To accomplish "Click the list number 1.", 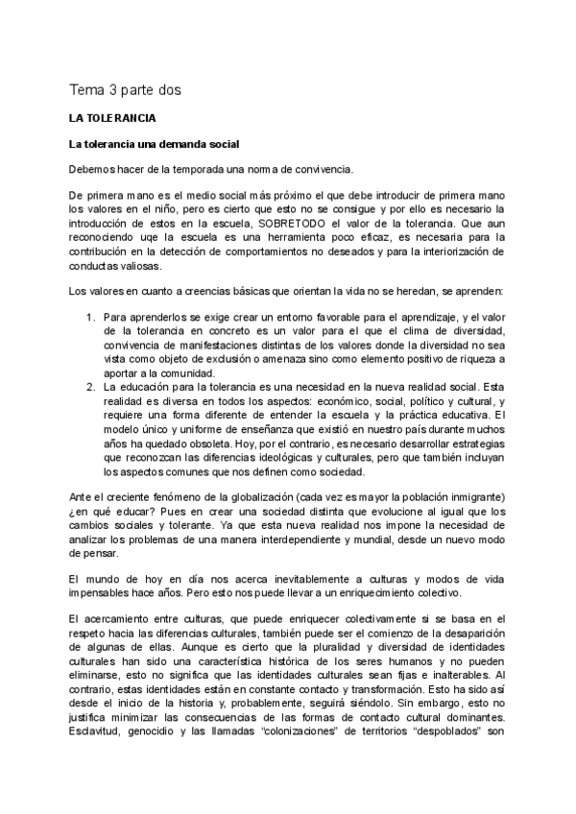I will click(x=91, y=316).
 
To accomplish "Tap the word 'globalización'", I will click(x=243, y=495).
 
